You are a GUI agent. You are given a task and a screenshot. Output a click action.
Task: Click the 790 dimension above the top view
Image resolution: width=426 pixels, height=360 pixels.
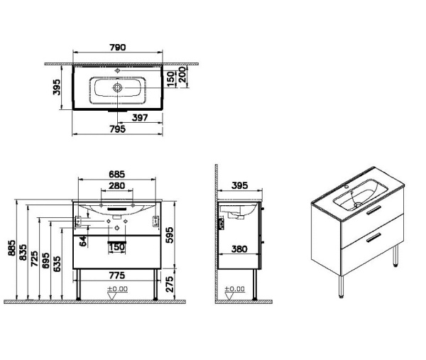[117, 48]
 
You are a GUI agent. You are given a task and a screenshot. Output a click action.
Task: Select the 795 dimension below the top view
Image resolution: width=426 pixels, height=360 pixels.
[117, 129]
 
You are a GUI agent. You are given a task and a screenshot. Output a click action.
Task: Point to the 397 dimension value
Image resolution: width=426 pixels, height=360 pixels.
[140, 118]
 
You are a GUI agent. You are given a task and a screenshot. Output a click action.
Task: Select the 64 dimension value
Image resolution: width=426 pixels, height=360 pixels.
[83, 241]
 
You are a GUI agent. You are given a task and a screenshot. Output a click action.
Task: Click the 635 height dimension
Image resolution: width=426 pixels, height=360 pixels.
[56, 263]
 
